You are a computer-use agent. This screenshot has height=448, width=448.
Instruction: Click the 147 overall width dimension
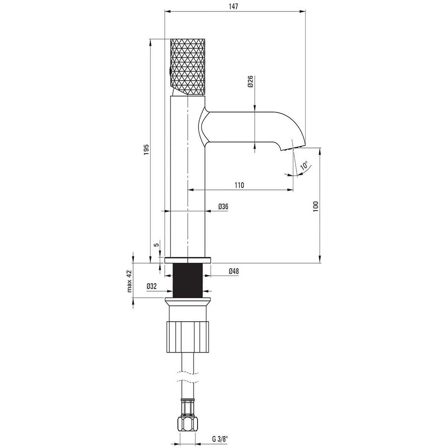(233, 6)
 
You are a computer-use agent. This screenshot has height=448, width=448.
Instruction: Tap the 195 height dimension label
(146, 150)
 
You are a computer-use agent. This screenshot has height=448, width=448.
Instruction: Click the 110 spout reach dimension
(239, 185)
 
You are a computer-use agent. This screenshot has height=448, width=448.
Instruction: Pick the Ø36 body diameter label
(223, 207)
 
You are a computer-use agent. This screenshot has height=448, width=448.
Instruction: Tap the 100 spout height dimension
(315, 206)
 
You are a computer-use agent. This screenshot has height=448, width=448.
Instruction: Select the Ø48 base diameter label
(233, 271)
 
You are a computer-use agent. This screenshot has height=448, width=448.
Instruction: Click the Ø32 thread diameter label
(152, 286)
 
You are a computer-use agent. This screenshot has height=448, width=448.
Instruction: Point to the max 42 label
(129, 281)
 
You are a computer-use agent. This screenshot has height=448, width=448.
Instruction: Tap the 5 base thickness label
(156, 245)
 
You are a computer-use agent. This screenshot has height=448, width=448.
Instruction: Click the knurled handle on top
(188, 67)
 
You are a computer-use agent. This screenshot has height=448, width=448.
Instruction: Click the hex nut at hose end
(188, 425)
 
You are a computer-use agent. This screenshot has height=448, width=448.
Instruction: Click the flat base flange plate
(188, 260)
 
